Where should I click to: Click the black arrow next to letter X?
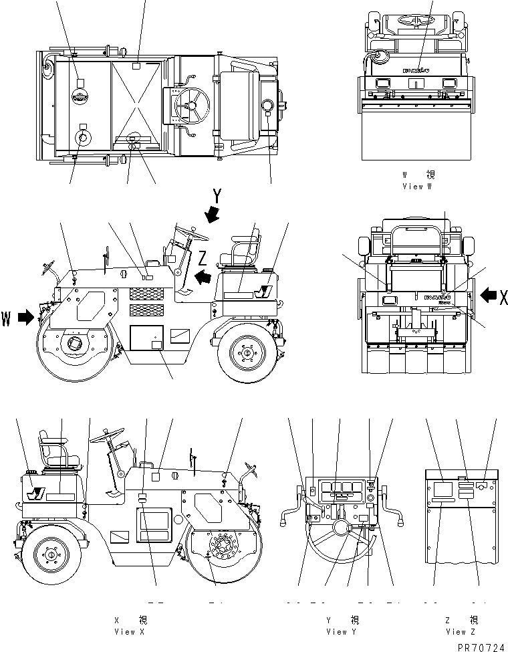coord(489,294)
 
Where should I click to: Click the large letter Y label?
coord(217,197)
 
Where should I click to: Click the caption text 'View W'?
coord(418,187)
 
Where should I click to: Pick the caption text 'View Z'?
coord(462,631)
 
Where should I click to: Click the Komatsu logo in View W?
coord(416,69)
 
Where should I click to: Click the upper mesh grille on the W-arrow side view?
coord(146,293)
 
